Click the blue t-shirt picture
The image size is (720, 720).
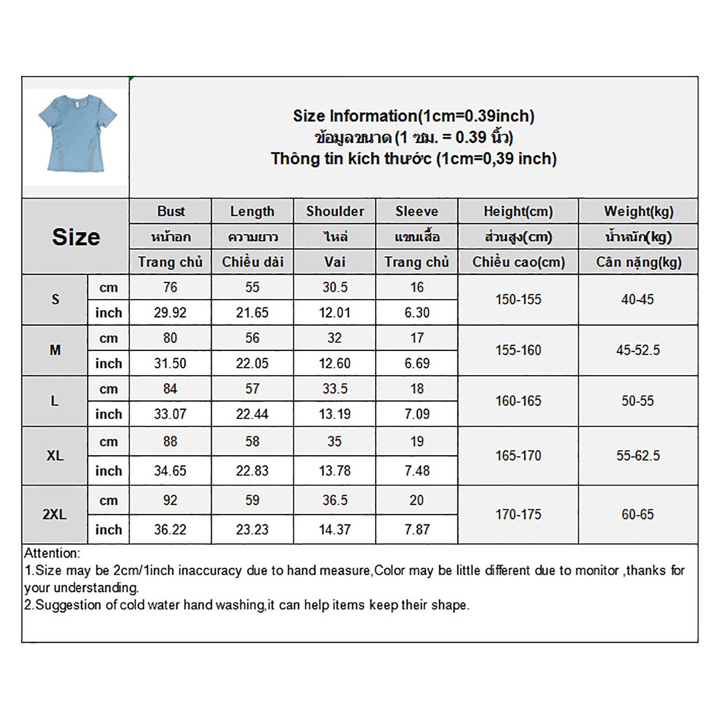(77, 133)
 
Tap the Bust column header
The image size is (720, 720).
(171, 211)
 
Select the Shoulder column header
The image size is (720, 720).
(335, 211)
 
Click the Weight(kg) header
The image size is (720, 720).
(638, 211)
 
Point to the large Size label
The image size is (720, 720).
(76, 237)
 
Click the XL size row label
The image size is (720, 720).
(55, 455)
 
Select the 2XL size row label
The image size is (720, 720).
(54, 514)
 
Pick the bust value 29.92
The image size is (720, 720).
(170, 312)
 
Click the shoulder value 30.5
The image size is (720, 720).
(335, 287)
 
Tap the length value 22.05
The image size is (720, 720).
(252, 363)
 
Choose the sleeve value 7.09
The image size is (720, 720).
(417, 414)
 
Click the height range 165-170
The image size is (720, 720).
(518, 455)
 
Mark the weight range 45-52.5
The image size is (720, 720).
(638, 350)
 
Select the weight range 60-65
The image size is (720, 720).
(638, 514)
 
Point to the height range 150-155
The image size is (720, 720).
(518, 299)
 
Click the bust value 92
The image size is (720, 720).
(170, 500)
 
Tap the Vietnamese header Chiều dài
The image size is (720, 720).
(252, 262)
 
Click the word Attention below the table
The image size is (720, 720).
(52, 553)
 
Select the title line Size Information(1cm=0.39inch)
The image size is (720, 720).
(414, 116)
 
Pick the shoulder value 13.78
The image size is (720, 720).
(335, 471)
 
